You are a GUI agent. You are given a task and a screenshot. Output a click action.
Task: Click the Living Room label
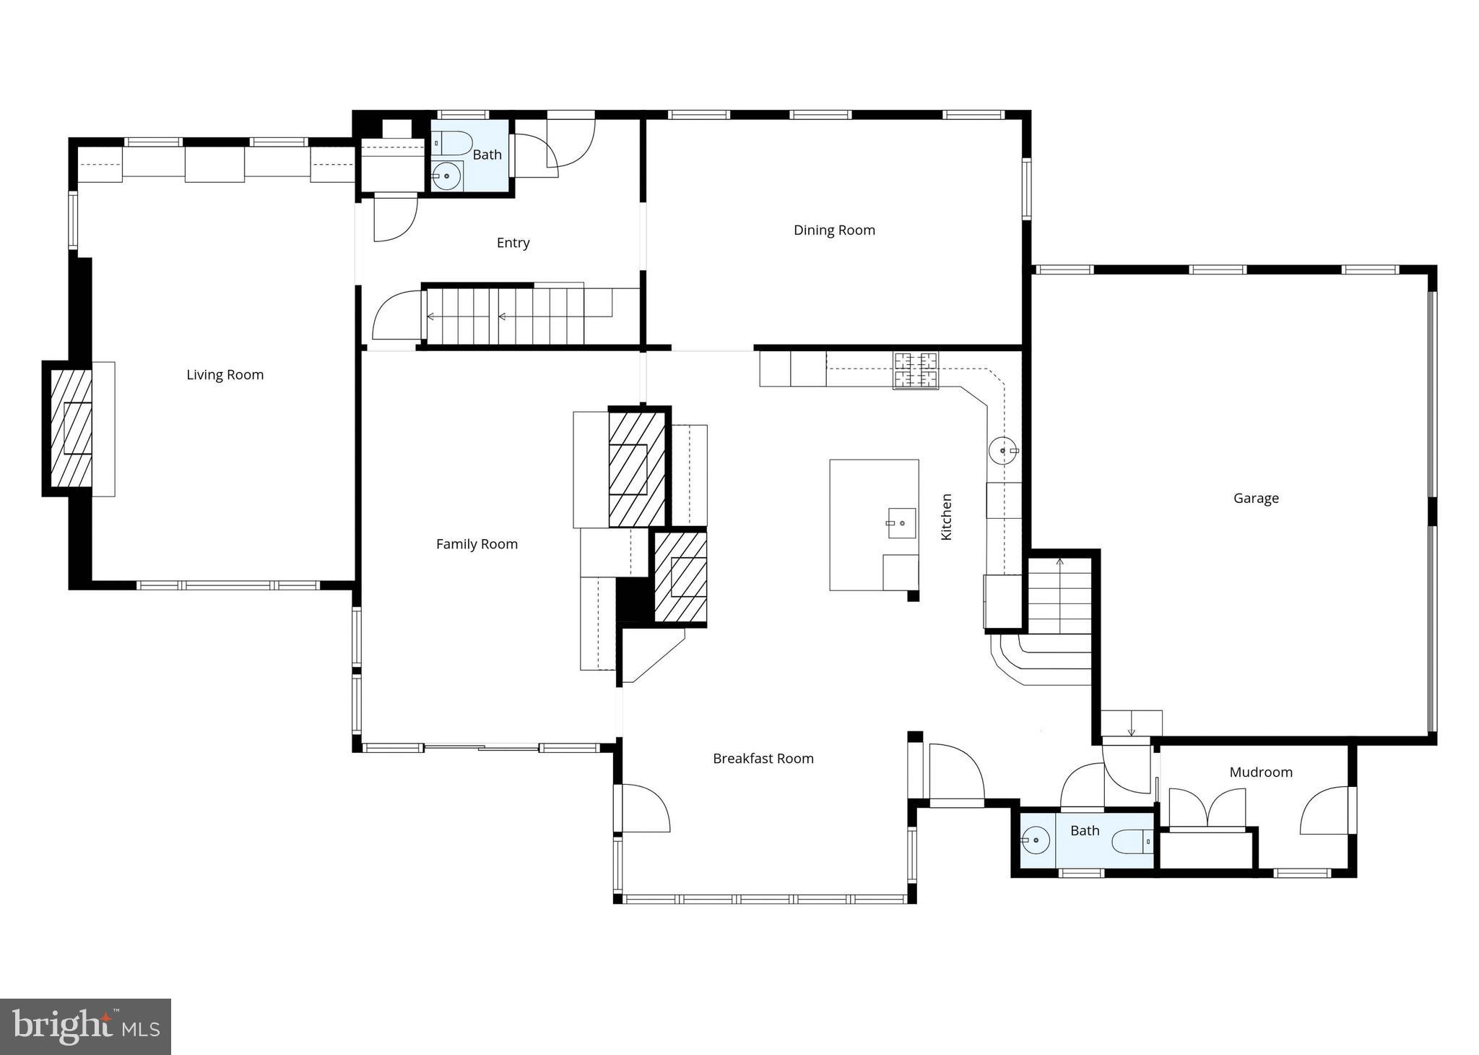(225, 375)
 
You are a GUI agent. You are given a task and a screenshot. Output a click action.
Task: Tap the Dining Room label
(834, 231)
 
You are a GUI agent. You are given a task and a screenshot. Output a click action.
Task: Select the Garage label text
(1256, 499)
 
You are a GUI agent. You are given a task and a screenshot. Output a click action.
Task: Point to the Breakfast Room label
(763, 759)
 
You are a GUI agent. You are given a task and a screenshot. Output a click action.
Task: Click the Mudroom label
(1260, 772)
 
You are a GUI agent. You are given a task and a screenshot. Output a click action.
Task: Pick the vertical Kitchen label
(946, 517)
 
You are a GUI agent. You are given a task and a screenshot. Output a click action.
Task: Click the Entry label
(513, 243)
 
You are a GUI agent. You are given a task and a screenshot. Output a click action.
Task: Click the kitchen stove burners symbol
(916, 370)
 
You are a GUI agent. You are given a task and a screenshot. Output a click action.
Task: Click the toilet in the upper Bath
(453, 144)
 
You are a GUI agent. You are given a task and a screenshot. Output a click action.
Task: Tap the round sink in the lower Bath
(1036, 840)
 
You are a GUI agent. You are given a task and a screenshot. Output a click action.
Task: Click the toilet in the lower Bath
(1130, 842)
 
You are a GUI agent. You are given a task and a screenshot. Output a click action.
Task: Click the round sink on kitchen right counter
(1002, 451)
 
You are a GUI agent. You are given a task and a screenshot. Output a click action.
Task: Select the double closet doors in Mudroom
(1207, 808)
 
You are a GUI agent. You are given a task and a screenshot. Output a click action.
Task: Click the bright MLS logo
(85, 1026)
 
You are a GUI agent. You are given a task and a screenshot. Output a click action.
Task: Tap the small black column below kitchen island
(913, 596)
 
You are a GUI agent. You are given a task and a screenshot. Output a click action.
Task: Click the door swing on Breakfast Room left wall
(645, 808)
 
